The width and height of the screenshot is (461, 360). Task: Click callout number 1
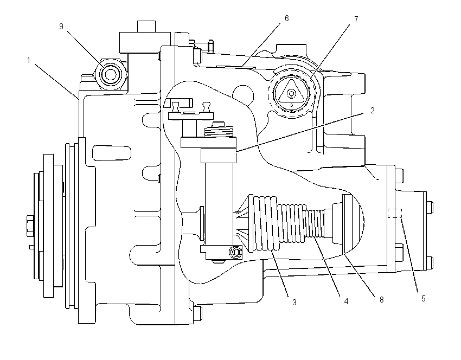[29, 60]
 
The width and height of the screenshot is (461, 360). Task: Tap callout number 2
[373, 111]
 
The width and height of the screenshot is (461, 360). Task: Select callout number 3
[294, 302]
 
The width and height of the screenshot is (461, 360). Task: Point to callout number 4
[347, 301]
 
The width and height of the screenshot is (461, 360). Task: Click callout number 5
[424, 299]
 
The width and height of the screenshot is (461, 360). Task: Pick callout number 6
[287, 18]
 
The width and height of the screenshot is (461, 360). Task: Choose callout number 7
[356, 20]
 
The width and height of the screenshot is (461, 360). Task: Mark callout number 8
[382, 300]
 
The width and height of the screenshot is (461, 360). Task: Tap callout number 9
[61, 27]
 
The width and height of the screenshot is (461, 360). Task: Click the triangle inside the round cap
[291, 92]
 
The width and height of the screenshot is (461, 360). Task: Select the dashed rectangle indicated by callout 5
[395, 214]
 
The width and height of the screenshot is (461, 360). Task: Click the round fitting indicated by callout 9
[111, 74]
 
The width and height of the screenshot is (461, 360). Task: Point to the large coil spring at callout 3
[265, 223]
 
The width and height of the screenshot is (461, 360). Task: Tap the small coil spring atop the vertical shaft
[219, 131]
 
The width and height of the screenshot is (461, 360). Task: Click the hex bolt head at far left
[30, 226]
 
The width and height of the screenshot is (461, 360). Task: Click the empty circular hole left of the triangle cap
[243, 95]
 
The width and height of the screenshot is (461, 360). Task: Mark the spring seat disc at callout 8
[347, 223]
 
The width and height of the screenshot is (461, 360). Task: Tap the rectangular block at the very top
[146, 27]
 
